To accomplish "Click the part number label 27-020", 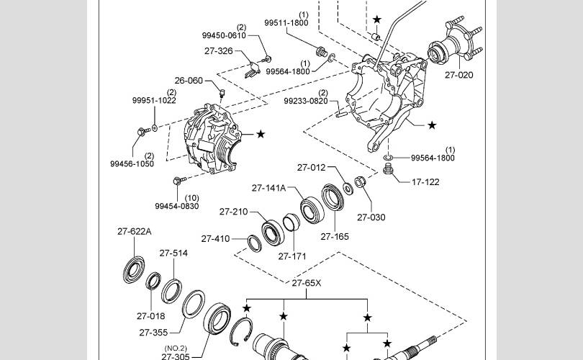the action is coord(458,75).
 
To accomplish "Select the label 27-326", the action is coord(219,51).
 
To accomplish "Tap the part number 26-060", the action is coord(189,81).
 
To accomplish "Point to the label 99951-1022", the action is coord(154,100).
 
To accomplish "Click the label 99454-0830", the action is coord(177,206).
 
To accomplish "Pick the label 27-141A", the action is coord(268,188).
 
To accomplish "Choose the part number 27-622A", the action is coord(134,231).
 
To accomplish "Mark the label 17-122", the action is coord(425,182).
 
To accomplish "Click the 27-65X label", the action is coord(307,283).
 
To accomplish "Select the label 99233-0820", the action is coord(306,101).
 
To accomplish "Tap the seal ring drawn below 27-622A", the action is coord(134,269).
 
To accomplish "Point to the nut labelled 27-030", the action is coord(360,182).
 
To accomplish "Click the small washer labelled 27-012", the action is coord(348,189).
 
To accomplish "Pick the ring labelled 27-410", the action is coord(255,243).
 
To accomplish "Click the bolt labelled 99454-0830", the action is coord(179,181).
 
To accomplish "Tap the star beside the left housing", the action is coord(261,134).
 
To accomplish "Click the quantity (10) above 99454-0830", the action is coord(192,198).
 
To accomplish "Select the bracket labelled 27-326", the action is coord(252,71).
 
